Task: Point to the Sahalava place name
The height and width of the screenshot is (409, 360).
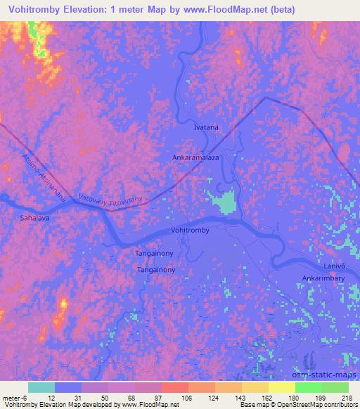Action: [37, 219]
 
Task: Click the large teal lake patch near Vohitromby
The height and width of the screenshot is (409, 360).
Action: [224, 204]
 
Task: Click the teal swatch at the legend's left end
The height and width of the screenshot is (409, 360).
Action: [41, 387]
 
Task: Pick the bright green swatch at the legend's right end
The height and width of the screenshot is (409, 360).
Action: [335, 387]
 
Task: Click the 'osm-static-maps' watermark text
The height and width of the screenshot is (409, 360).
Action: [329, 375]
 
